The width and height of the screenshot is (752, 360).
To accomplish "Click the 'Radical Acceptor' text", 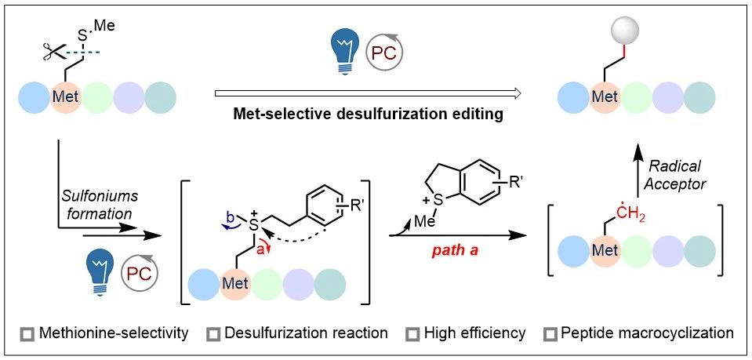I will click(678, 174).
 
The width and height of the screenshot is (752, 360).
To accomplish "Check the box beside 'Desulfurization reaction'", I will click(213, 334).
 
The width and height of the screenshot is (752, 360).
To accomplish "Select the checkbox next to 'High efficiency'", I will click(410, 334).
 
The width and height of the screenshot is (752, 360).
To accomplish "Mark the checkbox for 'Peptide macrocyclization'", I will click(550, 334).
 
